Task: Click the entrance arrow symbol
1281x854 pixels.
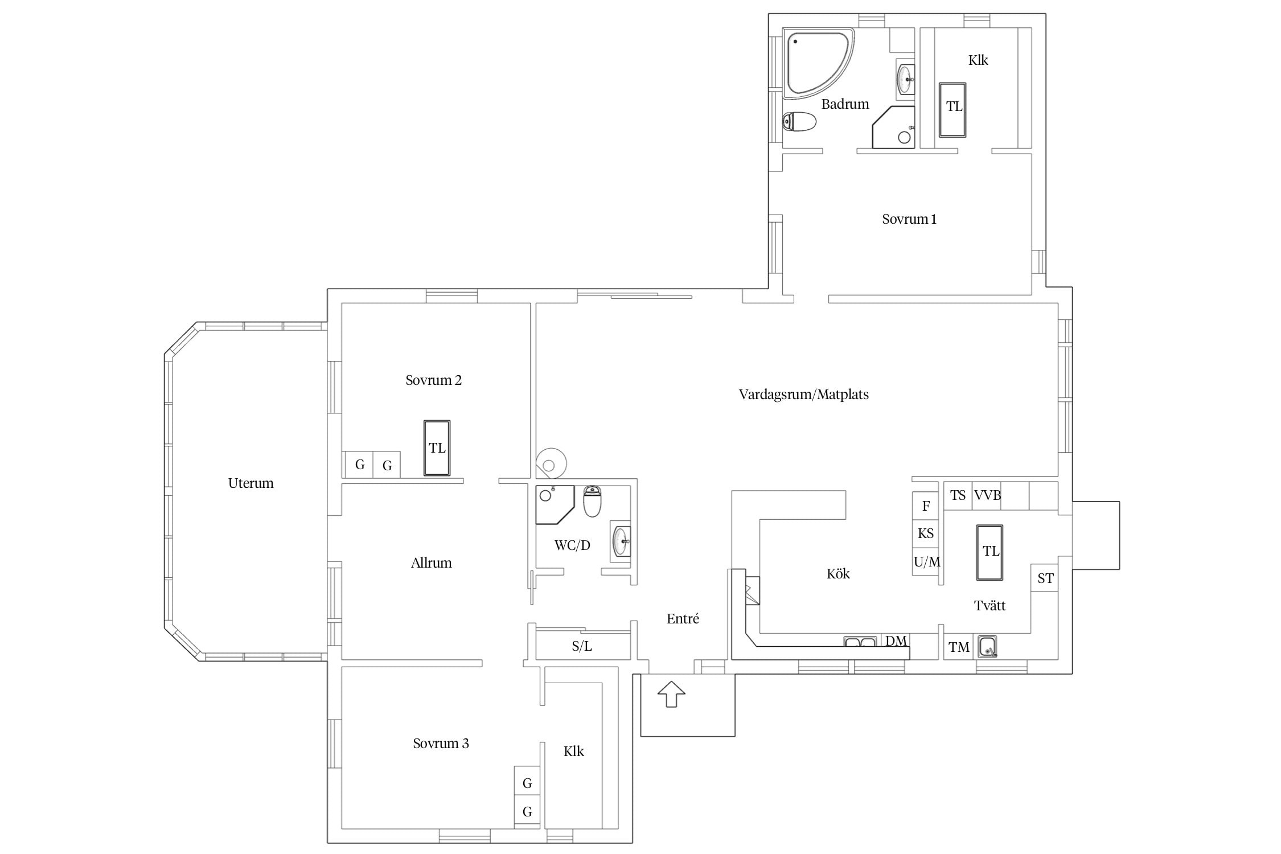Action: tap(671, 694)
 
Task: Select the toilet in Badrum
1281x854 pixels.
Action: tap(799, 121)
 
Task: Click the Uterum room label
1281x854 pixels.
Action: tap(251, 483)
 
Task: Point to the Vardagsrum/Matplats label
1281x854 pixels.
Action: tap(803, 395)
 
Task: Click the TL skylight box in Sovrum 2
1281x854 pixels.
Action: tap(437, 447)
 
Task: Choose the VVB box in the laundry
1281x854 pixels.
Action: tap(987, 495)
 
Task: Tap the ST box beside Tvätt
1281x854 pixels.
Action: tap(1045, 578)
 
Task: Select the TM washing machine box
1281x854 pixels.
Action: tap(959, 647)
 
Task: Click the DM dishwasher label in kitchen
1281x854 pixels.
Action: tap(896, 641)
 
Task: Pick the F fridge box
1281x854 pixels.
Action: tap(925, 506)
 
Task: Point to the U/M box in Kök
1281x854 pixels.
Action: tap(926, 562)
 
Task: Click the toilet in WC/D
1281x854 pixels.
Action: tap(592, 501)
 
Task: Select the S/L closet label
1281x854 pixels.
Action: tap(582, 646)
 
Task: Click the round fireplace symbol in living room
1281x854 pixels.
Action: tap(551, 463)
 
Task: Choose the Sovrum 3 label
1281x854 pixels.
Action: tap(441, 744)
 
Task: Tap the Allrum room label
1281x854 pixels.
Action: tap(431, 563)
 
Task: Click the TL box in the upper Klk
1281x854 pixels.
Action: tap(952, 110)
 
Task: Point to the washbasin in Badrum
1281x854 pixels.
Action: tap(905, 80)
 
